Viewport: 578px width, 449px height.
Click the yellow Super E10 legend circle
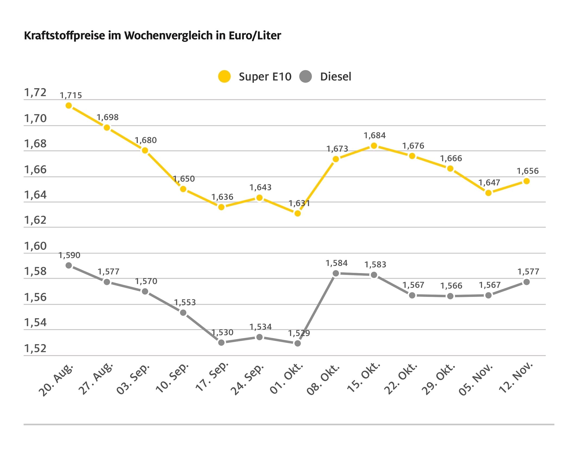(x=224, y=76)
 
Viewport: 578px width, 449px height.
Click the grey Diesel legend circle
(x=305, y=76)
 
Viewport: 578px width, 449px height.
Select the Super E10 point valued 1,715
(x=69, y=106)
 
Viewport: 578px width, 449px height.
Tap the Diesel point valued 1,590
(x=69, y=265)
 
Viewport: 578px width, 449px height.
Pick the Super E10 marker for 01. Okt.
(x=298, y=213)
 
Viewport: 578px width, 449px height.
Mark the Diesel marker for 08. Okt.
(x=336, y=273)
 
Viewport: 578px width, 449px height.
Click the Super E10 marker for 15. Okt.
(x=374, y=146)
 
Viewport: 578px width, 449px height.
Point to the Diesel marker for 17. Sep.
(x=221, y=342)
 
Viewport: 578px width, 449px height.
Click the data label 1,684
(x=375, y=135)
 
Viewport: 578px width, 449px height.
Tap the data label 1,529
(x=299, y=333)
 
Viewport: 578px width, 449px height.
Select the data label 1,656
(x=528, y=171)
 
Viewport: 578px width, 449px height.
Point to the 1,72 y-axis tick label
(x=35, y=93)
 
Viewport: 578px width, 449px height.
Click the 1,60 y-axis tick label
(x=35, y=246)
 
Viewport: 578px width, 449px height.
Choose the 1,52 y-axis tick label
(x=35, y=349)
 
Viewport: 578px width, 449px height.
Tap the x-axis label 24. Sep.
(x=247, y=379)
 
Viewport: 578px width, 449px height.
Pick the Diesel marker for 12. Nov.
(x=527, y=282)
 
